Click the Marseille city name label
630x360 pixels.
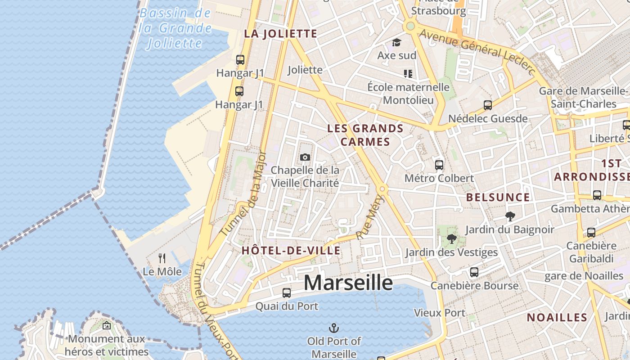click(x=348, y=283)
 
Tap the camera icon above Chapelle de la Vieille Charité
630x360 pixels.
click(x=305, y=157)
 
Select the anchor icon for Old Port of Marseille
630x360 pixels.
click(x=334, y=328)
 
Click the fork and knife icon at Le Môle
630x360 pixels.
click(x=162, y=258)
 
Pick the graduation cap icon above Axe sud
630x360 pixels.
click(x=396, y=42)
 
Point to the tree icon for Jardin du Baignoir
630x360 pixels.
click(x=510, y=216)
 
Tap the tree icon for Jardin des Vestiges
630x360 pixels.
click(x=451, y=239)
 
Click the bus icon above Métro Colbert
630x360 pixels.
click(x=439, y=165)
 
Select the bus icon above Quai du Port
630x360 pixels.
click(x=287, y=293)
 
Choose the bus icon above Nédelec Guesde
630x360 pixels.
click(x=488, y=105)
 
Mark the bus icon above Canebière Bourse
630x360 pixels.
click(x=474, y=272)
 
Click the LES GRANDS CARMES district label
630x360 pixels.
click(x=365, y=135)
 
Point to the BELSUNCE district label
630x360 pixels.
click(x=498, y=197)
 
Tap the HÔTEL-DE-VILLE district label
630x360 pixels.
click(x=291, y=251)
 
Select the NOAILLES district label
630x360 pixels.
click(x=557, y=317)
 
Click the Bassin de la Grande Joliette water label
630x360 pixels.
click(x=175, y=28)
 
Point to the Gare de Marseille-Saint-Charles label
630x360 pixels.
click(x=584, y=97)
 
